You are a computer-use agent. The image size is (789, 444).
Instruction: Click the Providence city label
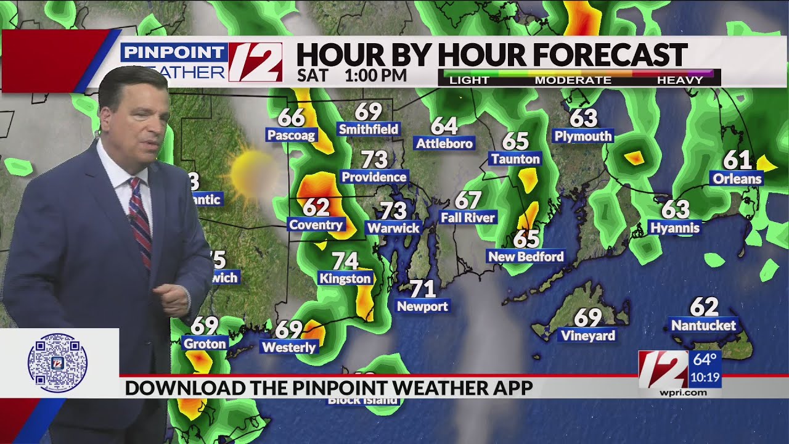point(374,177)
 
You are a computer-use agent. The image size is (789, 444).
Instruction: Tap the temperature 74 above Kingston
point(345,261)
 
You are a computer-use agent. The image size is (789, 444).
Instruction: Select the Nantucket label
point(703,325)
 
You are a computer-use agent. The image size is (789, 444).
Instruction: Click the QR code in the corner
point(57,363)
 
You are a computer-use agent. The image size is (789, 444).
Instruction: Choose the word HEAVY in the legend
point(680,80)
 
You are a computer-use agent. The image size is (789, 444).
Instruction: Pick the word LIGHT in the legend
point(469,80)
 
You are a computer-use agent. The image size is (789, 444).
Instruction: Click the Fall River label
point(468,218)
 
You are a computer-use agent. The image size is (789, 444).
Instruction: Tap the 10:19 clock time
point(705,377)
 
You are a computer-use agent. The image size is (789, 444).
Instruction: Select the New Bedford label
point(526,256)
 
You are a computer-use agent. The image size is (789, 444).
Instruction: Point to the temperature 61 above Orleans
point(737,160)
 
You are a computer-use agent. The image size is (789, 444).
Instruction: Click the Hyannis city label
point(675,228)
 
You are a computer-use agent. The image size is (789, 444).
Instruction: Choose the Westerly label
point(288,347)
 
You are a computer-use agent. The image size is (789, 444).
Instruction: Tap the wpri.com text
point(682,393)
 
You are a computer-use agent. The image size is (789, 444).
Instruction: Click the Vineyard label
point(587,335)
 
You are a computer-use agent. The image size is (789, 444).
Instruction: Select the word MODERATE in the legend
point(573,80)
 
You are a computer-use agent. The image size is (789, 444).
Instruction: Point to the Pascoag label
point(291,135)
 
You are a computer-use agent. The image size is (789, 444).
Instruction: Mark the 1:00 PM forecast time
point(375,75)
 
